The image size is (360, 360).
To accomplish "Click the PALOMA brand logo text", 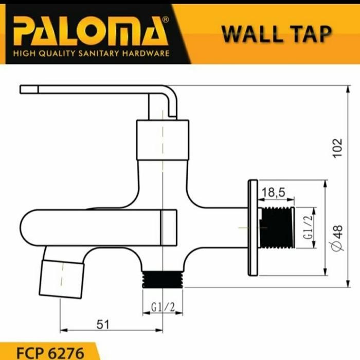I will click(91, 32).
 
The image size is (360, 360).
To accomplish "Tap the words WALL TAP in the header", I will click(276, 33).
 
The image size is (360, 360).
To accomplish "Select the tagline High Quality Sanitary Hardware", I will click(91, 53).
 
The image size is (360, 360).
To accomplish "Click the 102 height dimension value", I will click(337, 148).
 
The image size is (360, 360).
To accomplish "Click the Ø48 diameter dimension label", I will click(337, 238).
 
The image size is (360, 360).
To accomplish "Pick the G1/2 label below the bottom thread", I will click(163, 308).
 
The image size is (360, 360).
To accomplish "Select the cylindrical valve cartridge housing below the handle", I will click(163, 137).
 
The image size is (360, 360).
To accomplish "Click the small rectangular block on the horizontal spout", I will click(169, 227).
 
